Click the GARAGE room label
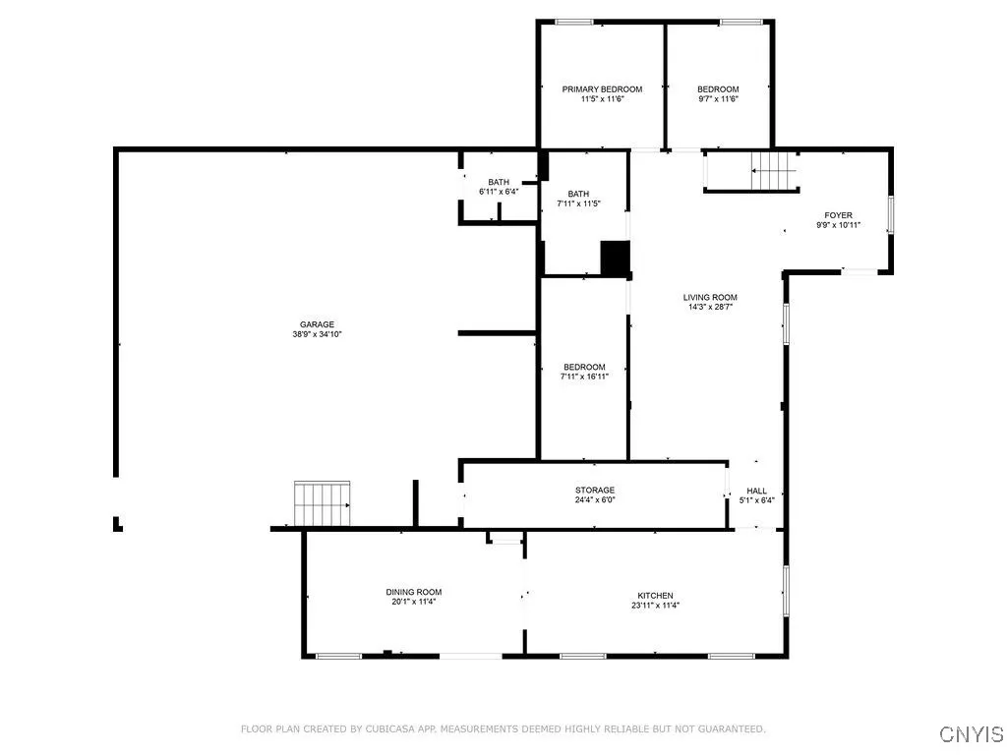point(318,324)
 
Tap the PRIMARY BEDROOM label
point(602,89)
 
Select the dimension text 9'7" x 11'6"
point(718,99)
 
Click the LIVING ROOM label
point(710,297)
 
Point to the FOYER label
point(838,215)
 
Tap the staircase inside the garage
point(323,503)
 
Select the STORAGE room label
point(595,490)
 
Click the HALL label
point(756,491)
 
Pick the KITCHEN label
point(655,596)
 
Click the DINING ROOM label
point(413,592)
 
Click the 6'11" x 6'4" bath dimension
point(499,192)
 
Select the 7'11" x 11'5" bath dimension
point(578,203)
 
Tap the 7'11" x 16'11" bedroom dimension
point(584,377)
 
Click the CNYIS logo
point(971,734)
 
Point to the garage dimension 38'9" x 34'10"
point(318,334)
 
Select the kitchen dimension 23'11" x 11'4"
point(655,606)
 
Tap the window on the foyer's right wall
point(891,215)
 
